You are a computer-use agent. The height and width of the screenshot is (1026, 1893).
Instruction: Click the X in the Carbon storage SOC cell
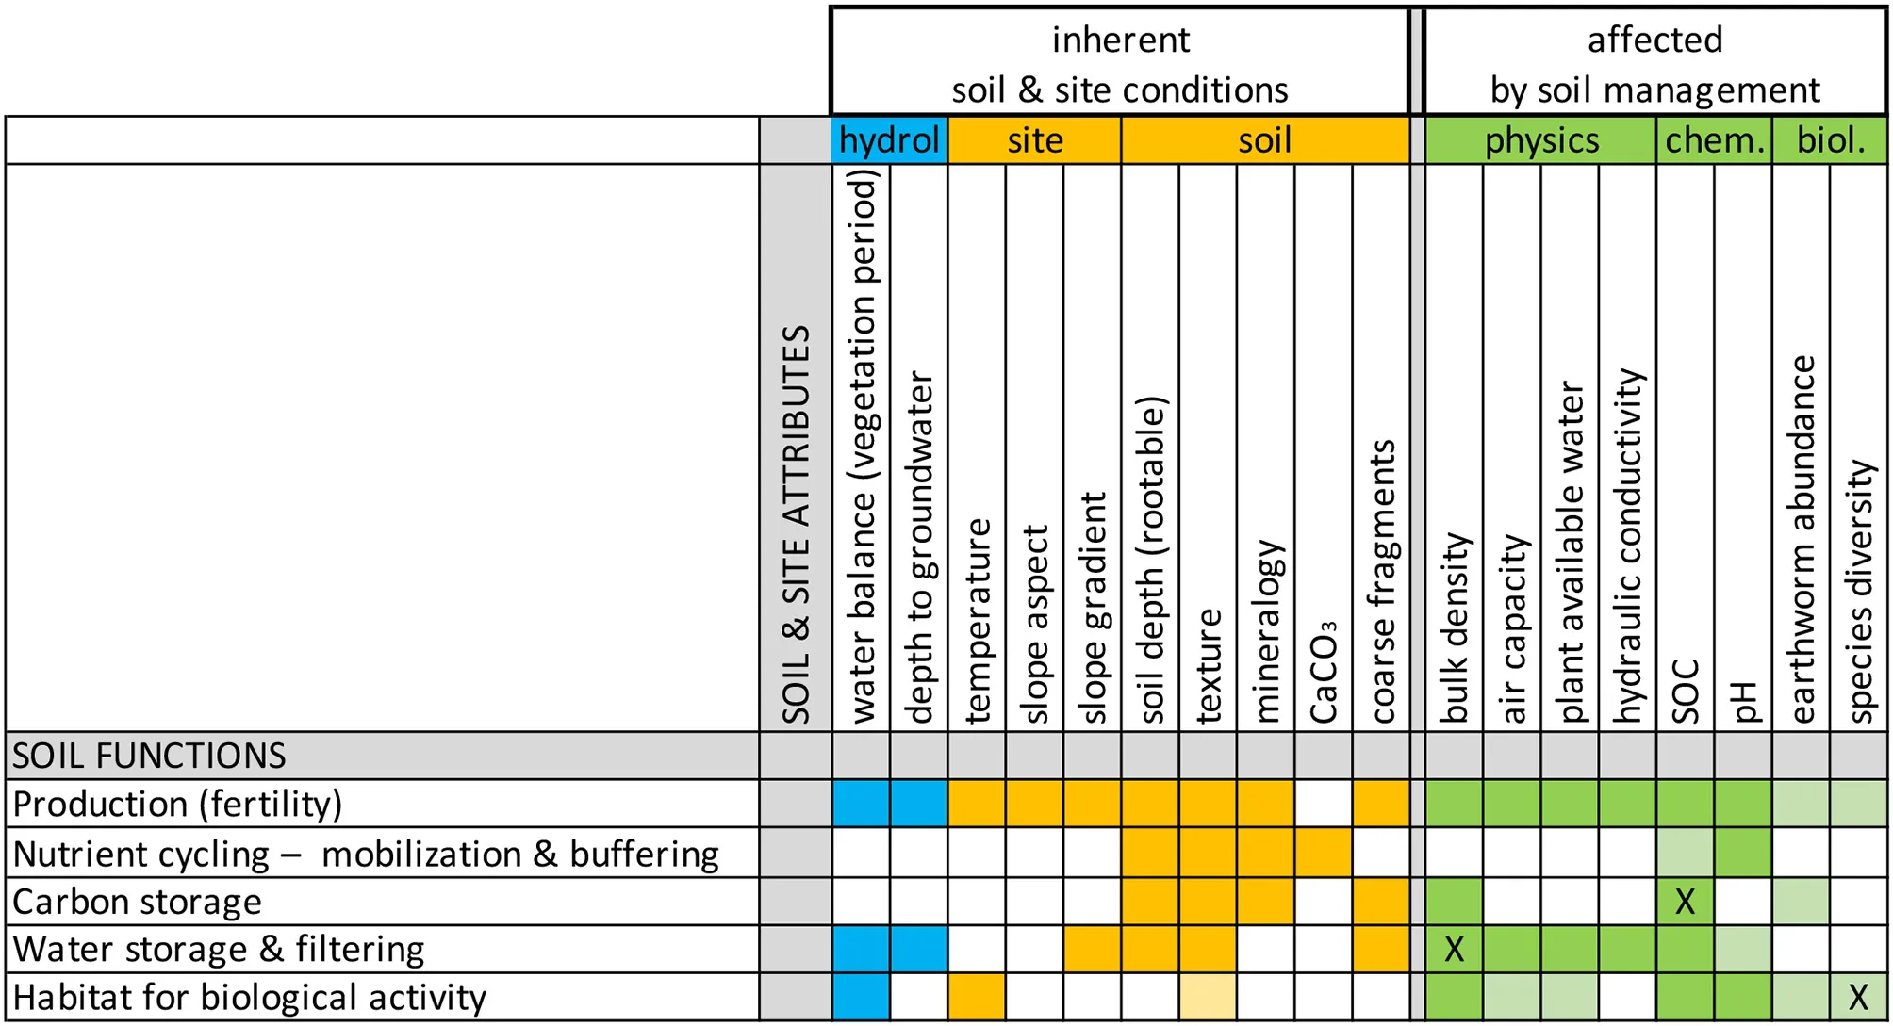point(1685,902)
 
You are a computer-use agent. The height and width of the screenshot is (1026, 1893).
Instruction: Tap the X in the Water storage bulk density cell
point(1454,950)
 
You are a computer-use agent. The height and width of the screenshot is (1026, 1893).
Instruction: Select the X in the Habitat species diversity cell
point(1858,997)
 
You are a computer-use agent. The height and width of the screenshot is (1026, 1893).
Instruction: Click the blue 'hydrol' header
point(889,140)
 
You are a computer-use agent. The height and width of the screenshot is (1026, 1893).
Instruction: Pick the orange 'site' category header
point(1034,140)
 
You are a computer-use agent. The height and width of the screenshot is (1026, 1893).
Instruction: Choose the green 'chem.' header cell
point(1714,140)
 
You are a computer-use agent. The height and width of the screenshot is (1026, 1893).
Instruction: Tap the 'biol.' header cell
point(1830,140)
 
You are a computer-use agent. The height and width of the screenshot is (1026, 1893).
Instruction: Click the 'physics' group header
point(1541,140)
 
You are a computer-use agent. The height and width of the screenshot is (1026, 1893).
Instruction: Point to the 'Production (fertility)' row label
point(177,804)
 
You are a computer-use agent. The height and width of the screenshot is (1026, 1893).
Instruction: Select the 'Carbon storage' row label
point(137,902)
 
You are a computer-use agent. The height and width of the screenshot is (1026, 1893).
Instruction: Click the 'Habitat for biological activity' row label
point(249,997)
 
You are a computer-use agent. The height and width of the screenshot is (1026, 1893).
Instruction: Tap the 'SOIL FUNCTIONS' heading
point(149,756)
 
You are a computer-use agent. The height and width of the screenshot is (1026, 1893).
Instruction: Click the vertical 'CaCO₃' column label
point(1324,673)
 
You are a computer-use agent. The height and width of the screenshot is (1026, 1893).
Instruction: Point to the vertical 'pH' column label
point(1743,702)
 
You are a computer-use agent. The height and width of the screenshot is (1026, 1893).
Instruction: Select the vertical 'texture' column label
point(1208,665)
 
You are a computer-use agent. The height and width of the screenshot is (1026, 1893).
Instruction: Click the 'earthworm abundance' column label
point(1801,539)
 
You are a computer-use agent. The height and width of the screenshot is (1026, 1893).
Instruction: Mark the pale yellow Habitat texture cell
point(1208,997)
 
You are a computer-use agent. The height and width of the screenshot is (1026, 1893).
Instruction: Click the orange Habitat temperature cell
point(977,997)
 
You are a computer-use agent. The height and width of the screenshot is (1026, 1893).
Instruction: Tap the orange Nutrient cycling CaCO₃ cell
point(1324,853)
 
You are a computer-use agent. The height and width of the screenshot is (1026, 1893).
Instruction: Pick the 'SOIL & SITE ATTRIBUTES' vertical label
point(796,524)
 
